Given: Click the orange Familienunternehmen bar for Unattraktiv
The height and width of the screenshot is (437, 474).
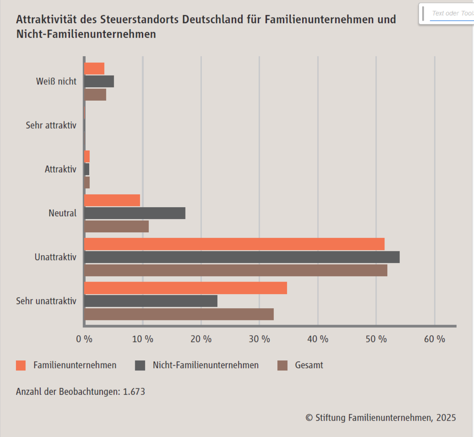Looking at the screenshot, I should point(234,244).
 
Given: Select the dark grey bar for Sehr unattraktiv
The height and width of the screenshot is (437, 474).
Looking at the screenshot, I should point(151,301).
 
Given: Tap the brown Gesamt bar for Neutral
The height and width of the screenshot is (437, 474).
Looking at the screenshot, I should point(117,226).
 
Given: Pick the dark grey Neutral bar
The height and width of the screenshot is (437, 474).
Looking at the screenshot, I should point(135,214).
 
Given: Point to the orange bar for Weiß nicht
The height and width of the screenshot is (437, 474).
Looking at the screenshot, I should point(94,69).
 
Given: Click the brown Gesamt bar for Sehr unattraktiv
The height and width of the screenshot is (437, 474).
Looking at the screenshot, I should point(179,315).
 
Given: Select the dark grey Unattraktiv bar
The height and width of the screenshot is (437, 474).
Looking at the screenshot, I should point(242,257).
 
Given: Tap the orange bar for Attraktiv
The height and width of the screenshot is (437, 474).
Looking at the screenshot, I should point(87,157).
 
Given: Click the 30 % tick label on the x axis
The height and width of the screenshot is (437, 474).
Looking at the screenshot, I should point(259,339).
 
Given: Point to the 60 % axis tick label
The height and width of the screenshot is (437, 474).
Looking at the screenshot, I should point(434,339).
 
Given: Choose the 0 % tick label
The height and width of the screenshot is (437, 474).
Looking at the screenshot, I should point(84,339).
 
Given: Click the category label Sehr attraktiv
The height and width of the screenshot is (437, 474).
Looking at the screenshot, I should point(51,125).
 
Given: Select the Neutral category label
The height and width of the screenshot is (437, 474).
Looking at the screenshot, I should point(63,213).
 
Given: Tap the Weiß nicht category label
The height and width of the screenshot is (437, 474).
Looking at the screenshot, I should point(56,81).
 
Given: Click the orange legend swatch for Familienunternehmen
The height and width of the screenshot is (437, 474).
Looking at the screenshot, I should point(21,366).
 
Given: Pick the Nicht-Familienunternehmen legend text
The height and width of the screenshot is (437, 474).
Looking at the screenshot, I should point(206,365).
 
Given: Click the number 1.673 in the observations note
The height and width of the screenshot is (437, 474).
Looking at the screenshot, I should point(134,391).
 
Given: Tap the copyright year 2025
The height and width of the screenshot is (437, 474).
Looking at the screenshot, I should point(446,418).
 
